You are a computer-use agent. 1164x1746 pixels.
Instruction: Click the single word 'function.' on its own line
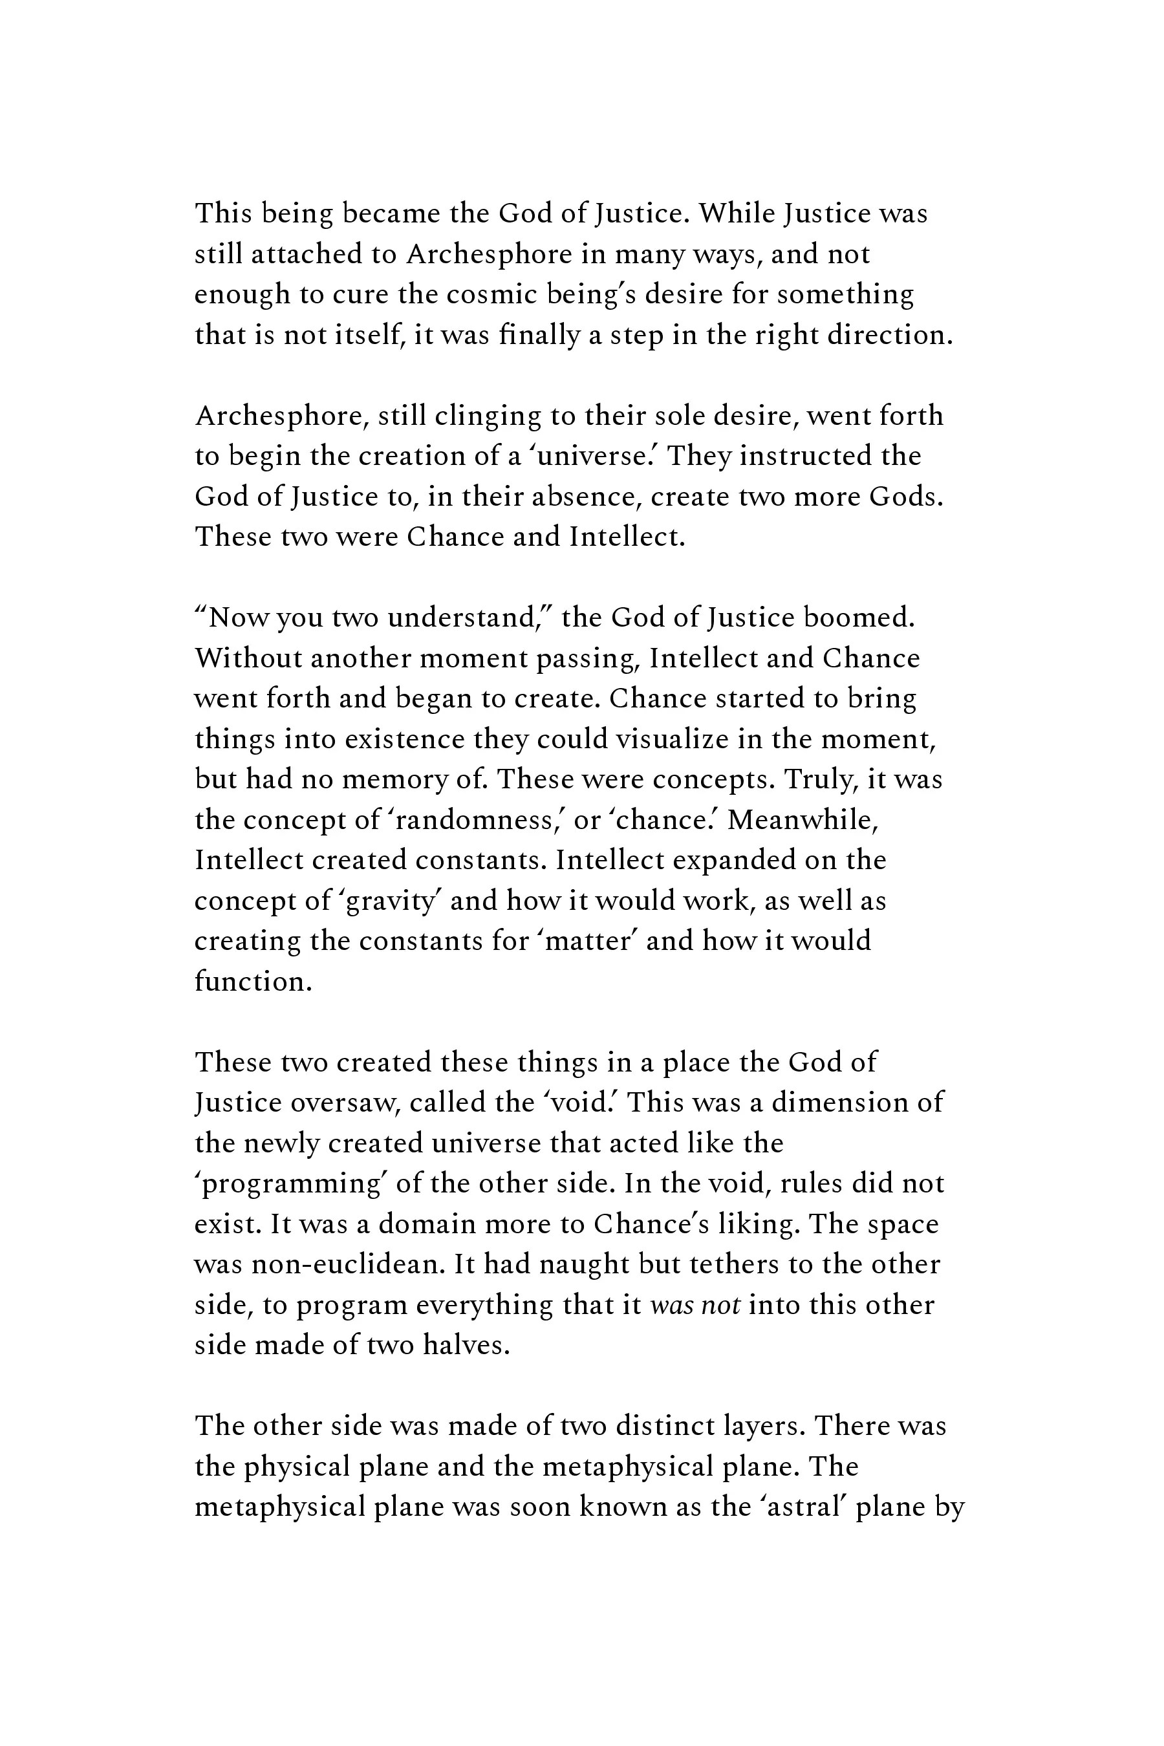pyautogui.click(x=253, y=982)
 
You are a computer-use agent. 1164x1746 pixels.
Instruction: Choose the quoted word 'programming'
pyautogui.click(x=291, y=1184)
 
